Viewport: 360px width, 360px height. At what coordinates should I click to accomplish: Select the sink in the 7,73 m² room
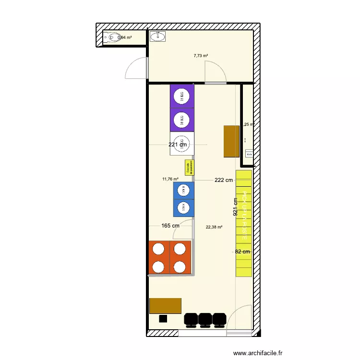[x=157, y=36]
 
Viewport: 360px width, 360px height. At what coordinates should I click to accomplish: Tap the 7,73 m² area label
[x=201, y=56]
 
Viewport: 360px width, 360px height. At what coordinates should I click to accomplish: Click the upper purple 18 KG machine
[x=182, y=96]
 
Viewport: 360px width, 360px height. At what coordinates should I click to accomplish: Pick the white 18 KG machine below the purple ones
[x=182, y=143]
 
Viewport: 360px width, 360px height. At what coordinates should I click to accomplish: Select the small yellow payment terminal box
[x=189, y=168]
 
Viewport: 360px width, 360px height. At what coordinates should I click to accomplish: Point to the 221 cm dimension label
[x=178, y=144]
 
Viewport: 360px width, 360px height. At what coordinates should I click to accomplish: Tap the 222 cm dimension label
[x=224, y=180]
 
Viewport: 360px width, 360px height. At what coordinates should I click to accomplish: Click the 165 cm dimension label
[x=170, y=226]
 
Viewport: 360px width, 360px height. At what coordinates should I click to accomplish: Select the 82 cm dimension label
[x=243, y=252]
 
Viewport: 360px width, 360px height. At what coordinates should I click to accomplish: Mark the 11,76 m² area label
[x=170, y=179]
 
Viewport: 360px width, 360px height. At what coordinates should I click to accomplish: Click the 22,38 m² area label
[x=214, y=228]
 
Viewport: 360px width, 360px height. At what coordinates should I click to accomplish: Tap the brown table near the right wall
[x=231, y=141]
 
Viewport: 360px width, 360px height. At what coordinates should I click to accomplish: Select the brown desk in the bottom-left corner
[x=165, y=306]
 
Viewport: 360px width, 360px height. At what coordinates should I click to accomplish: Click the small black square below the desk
[x=163, y=318]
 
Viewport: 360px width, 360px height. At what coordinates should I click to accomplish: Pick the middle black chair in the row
[x=205, y=319]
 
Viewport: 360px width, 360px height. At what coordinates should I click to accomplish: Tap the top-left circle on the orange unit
[x=158, y=249]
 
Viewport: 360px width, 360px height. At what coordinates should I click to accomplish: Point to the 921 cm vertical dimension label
[x=235, y=207]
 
